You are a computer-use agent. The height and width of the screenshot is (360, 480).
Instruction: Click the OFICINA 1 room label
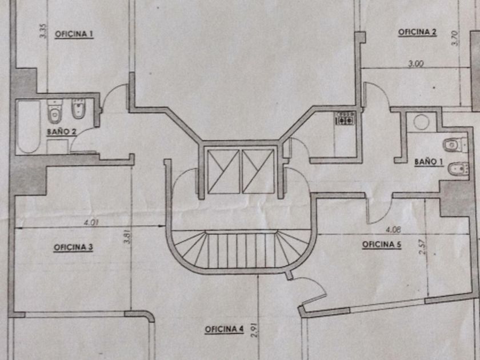click(74, 34)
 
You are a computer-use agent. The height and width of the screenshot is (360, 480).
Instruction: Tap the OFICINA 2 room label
click(417, 32)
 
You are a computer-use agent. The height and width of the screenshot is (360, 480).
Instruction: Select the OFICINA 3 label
click(73, 247)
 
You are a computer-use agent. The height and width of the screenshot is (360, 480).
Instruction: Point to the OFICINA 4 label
click(224, 329)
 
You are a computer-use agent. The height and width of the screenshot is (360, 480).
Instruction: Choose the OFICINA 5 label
click(382, 245)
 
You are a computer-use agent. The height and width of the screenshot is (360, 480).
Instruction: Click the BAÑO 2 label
click(62, 132)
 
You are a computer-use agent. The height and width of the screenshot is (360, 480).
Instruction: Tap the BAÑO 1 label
click(429, 162)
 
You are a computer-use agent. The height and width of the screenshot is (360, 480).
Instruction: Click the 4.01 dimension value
click(91, 222)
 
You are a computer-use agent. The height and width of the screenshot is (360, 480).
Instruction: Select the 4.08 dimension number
click(393, 230)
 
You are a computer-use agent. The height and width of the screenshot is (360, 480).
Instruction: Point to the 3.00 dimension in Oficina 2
click(416, 63)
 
